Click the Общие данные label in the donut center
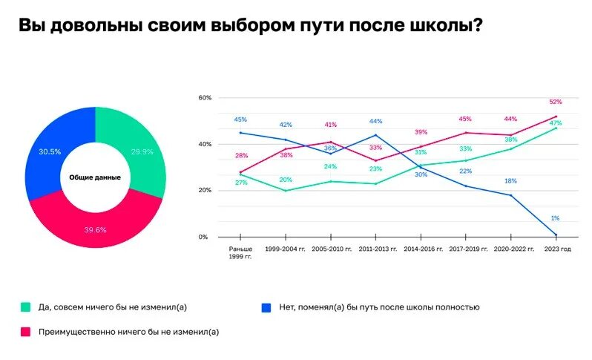click(95, 177)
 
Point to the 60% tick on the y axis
click(205, 98)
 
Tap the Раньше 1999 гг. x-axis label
click(240, 252)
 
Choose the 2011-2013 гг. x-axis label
click(376, 249)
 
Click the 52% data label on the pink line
click(556, 102)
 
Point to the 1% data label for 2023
click(555, 218)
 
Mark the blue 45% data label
click(240, 120)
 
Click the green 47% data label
click(556, 123)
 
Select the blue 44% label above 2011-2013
click(376, 122)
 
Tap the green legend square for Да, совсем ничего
click(25, 307)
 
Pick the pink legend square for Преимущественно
click(25, 332)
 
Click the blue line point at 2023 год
click(556, 235)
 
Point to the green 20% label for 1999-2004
click(286, 180)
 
